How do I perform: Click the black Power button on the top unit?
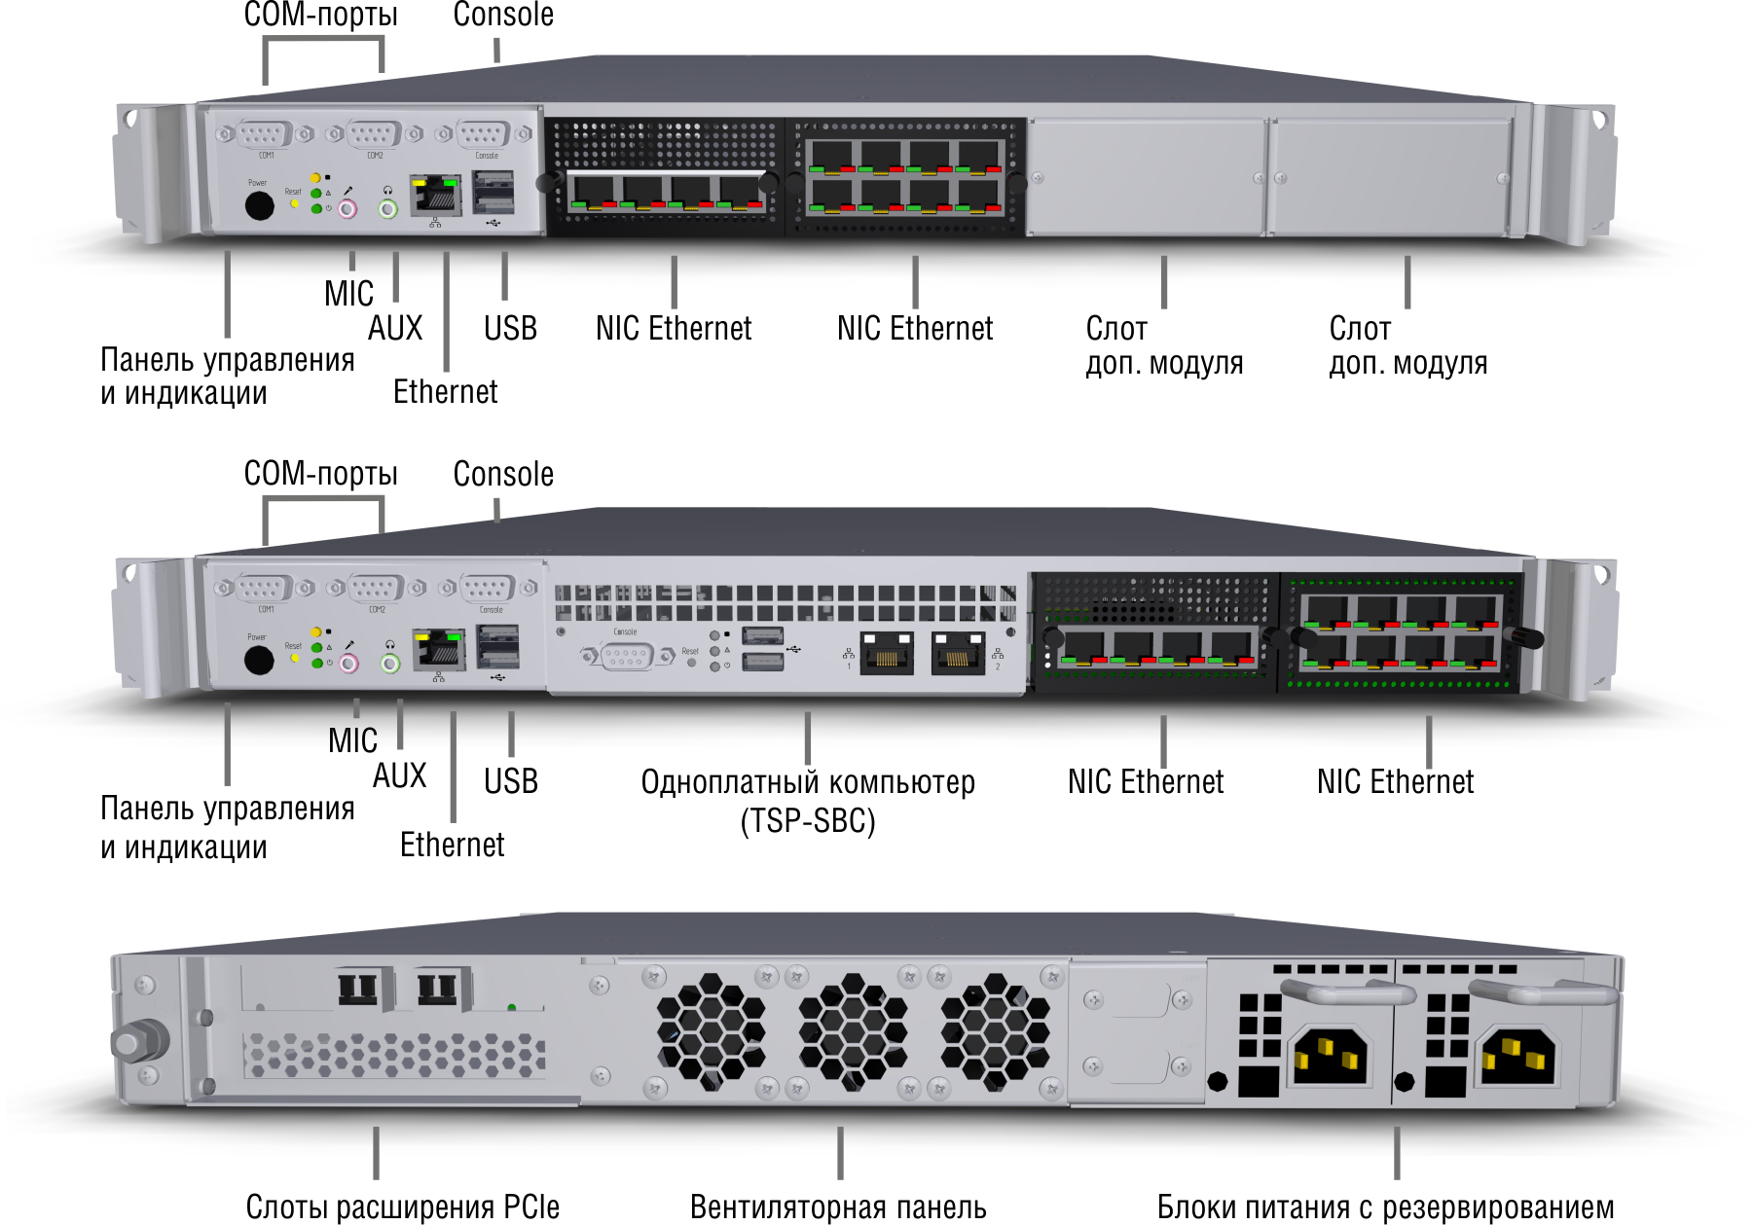coord(259,205)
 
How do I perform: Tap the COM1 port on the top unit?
coord(264,134)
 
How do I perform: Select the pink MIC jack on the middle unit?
coord(348,664)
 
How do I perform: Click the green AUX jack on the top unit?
coord(388,208)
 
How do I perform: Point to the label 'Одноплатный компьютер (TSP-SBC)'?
coord(808,801)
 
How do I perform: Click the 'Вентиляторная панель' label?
coord(838,1207)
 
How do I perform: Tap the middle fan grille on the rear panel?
coord(853,1032)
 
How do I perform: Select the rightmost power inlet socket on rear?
coord(1516,1055)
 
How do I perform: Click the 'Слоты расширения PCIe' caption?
coord(402,1207)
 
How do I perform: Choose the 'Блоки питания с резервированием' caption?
coord(1385,1207)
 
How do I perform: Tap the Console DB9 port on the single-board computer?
coord(627,657)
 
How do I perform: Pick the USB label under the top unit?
coord(510,329)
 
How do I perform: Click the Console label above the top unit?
coord(503,15)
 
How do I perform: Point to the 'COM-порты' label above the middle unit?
coord(320,474)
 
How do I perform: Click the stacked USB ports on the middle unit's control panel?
coord(497,646)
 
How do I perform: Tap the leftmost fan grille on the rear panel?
coord(711,1032)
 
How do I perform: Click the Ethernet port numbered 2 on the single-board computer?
coord(958,654)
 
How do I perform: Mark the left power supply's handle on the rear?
coord(1348,992)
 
